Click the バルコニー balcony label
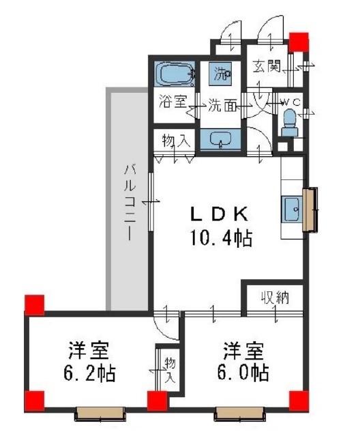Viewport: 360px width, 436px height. (127, 201)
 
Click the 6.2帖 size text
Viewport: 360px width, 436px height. (91, 373)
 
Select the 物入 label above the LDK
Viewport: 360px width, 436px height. (175, 141)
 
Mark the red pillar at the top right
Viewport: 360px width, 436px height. (297, 42)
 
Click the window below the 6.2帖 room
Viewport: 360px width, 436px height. (100, 412)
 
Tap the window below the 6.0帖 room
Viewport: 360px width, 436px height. (240, 412)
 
